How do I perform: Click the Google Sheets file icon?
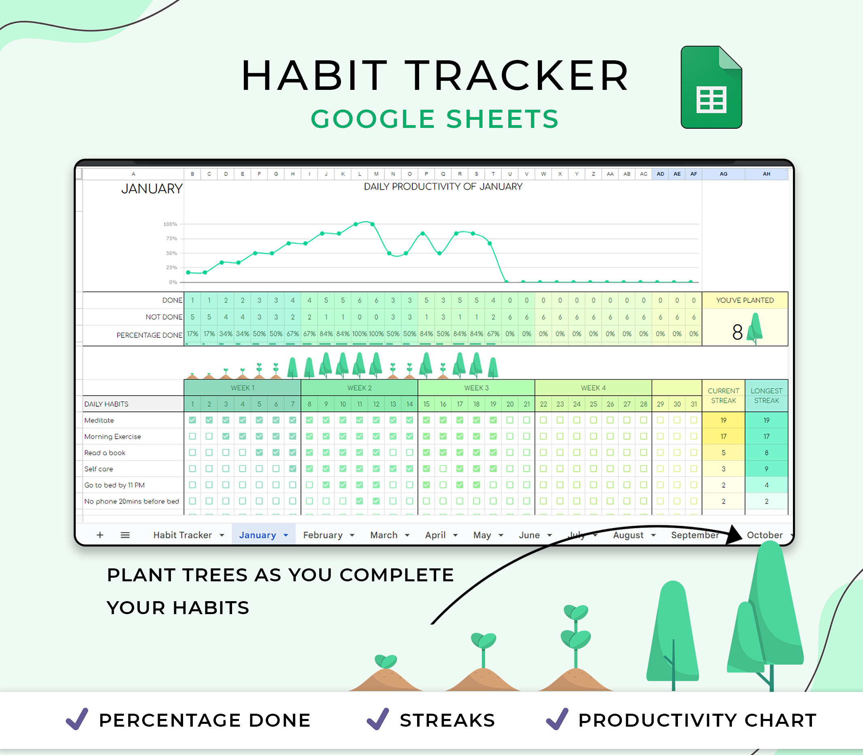coord(711,87)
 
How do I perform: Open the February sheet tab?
coord(323,535)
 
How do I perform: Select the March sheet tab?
coord(384,535)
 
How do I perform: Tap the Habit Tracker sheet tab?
coord(183,535)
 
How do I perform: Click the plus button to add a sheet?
coord(100,535)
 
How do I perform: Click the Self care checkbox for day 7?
coord(292,468)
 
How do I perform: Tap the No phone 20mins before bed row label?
coord(132,501)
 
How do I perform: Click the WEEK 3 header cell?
coord(476,387)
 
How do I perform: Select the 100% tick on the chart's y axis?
coord(170,224)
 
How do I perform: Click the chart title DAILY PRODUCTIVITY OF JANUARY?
coord(443,187)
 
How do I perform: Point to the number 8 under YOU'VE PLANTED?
coord(737,332)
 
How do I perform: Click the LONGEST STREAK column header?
coord(766,396)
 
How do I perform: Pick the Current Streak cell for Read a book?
coord(723,453)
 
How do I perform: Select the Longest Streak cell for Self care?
coord(766,468)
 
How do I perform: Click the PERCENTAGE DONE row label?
coord(149,335)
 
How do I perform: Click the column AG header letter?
coord(723,174)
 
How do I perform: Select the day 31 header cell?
coord(694,404)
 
